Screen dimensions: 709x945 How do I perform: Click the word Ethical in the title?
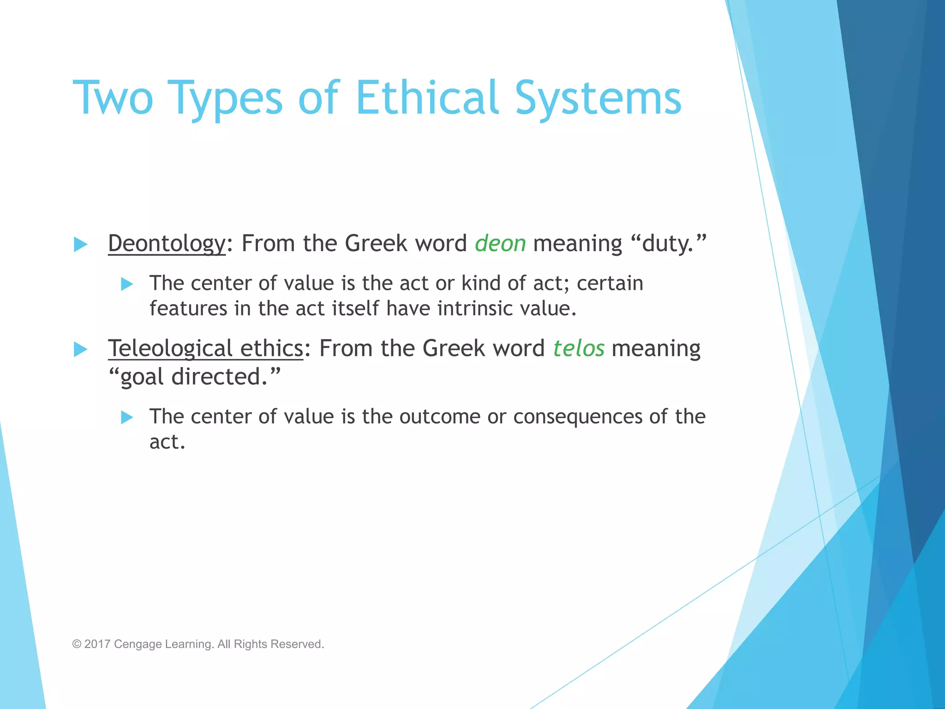pyautogui.click(x=427, y=98)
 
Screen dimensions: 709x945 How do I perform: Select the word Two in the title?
pyautogui.click(x=113, y=98)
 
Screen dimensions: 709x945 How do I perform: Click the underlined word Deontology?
pyautogui.click(x=167, y=244)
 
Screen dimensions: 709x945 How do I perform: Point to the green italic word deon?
pyautogui.click(x=500, y=244)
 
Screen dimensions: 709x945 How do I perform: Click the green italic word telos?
pyautogui.click(x=579, y=348)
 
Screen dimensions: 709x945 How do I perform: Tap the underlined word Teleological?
pyautogui.click(x=170, y=348)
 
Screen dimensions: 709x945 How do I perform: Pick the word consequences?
pyautogui.click(x=578, y=416)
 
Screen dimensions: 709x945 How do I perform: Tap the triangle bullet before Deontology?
pyautogui.click(x=80, y=244)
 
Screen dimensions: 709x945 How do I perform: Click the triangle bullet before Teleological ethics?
pyautogui.click(x=80, y=349)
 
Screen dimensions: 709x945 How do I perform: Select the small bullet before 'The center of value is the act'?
pyautogui.click(x=127, y=283)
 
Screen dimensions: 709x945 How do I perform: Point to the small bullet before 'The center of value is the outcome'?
pyautogui.click(x=127, y=417)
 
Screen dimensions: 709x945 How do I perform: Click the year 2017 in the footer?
pyautogui.click(x=97, y=644)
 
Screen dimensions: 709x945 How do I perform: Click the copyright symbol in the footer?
pyautogui.click(x=77, y=644)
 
